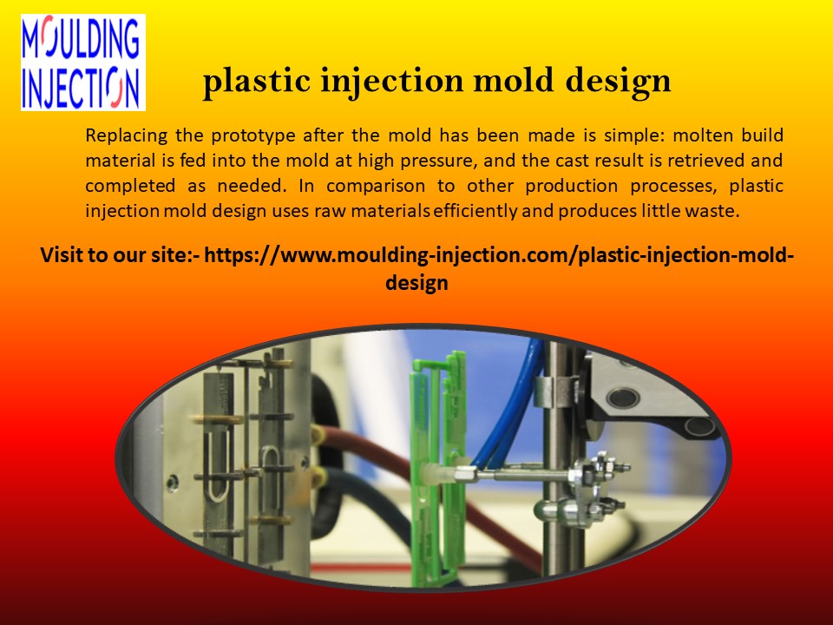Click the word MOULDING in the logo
click(x=82, y=38)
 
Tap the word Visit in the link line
click(x=62, y=257)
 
